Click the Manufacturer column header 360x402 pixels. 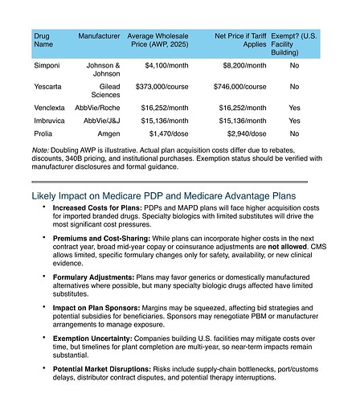[x=99, y=36]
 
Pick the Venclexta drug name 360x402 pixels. [x=50, y=107]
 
